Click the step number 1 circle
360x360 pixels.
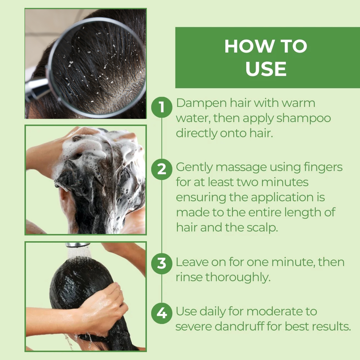coord(162,107)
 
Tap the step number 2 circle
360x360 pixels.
coord(162,169)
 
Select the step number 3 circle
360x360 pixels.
coord(162,263)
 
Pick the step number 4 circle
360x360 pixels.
coord(162,313)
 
